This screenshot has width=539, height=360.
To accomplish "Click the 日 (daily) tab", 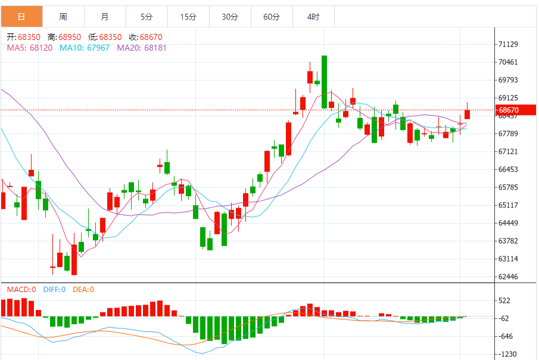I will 21,17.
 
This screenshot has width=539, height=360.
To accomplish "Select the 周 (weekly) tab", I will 63,17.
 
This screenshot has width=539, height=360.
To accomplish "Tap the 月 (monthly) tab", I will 105,17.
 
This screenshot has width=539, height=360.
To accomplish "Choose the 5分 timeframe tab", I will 147,17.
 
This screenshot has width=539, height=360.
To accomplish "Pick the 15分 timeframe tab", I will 188,17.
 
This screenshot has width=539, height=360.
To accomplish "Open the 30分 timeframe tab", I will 230,17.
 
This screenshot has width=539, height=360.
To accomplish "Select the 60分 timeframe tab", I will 272,17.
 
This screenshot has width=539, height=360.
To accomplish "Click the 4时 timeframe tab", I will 313,17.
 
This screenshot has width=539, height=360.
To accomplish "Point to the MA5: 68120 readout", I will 30,48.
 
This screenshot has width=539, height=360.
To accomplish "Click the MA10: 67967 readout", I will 85,48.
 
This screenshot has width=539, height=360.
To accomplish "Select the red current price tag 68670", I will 509,110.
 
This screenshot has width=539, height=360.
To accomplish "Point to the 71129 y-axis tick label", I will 508,45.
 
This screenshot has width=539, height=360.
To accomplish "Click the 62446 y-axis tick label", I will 508,277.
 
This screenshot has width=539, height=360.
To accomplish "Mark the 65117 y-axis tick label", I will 508,205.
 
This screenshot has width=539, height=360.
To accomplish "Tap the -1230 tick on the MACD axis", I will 508,354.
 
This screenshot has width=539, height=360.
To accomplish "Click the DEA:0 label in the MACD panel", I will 83,290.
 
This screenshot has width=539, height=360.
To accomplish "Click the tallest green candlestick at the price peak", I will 324,82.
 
